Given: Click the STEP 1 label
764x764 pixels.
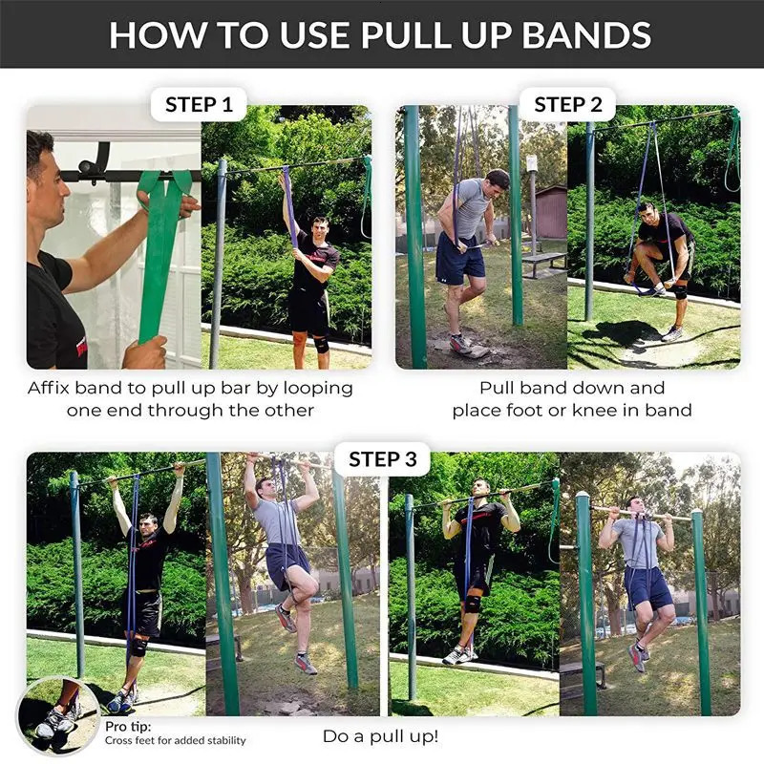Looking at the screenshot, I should pyautogui.click(x=199, y=104).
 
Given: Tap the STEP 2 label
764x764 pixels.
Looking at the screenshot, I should pyautogui.click(x=567, y=104).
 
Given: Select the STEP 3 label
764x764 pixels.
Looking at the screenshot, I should pyautogui.click(x=382, y=459).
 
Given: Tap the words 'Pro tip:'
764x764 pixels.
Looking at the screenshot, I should pyautogui.click(x=128, y=727).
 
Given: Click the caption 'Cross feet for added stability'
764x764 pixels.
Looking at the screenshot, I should pyautogui.click(x=175, y=740).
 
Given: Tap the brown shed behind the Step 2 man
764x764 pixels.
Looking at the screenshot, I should pyautogui.click(x=550, y=212).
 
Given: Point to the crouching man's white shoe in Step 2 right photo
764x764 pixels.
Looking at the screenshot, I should pyautogui.click(x=673, y=333).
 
